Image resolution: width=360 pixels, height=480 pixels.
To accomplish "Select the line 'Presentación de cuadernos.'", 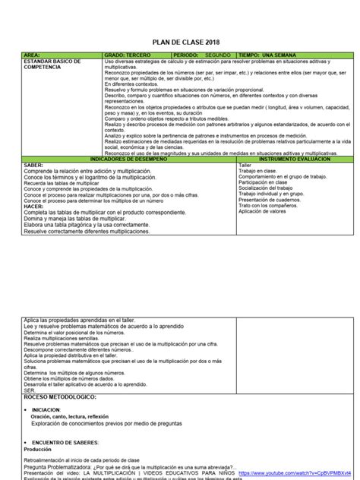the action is tap(271, 199).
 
